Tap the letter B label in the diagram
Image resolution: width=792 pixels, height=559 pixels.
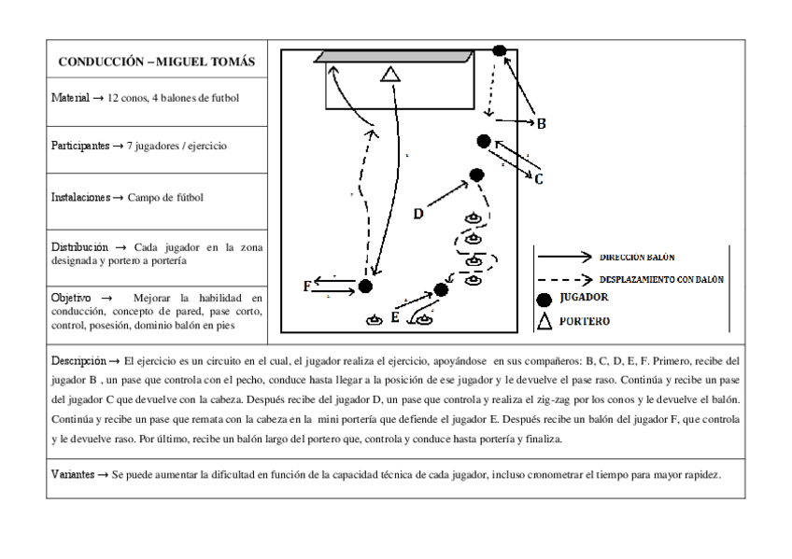pos(540,123)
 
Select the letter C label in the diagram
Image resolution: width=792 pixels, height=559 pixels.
pos(539,179)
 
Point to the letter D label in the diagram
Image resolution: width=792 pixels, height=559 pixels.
pos(419,214)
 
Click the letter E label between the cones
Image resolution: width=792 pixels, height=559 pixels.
pos(396,317)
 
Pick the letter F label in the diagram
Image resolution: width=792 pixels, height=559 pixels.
pos(307,286)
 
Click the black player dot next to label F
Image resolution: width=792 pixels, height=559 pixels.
pos(365,286)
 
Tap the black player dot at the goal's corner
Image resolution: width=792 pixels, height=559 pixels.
pos(500,50)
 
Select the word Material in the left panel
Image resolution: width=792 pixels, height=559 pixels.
pos(71,97)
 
